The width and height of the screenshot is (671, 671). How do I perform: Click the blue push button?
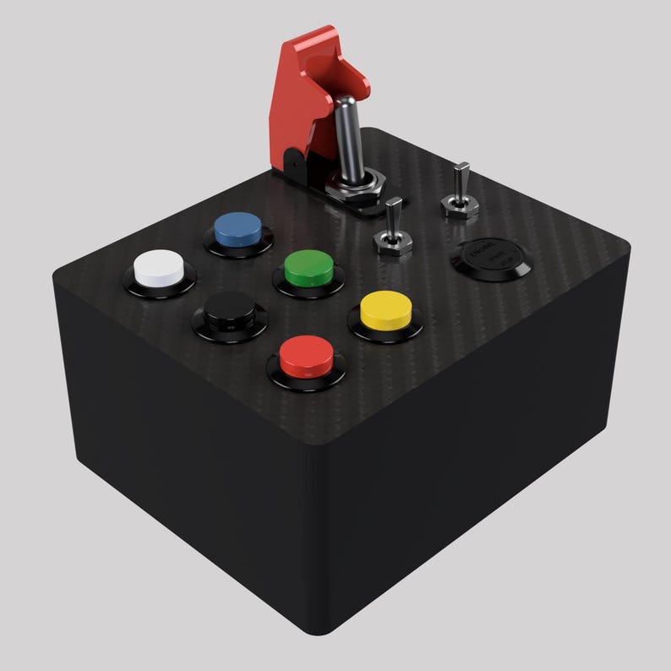tap(237, 226)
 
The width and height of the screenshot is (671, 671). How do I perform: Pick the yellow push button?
tap(385, 308)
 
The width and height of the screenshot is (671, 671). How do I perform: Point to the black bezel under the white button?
tap(161, 287)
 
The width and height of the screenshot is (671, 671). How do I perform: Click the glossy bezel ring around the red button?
tap(306, 375)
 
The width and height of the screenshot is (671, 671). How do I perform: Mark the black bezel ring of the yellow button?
tap(385, 332)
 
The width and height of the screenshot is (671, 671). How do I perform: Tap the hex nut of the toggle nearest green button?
tap(392, 245)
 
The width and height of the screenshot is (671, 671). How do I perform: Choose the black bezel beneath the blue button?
tap(237, 248)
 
